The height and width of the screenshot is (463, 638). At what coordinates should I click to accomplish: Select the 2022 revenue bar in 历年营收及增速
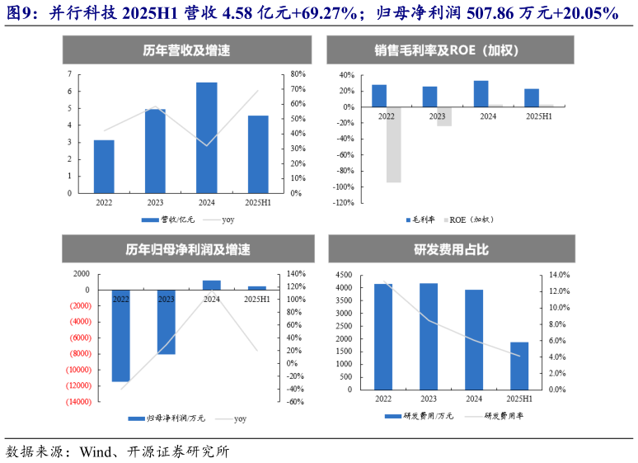point(104,166)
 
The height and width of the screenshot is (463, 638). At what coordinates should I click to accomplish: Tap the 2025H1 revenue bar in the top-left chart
point(257,154)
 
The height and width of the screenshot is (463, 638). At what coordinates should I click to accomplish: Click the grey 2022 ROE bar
point(394,144)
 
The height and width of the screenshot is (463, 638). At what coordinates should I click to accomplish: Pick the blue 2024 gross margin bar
point(481,93)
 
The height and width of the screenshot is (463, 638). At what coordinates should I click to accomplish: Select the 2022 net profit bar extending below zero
point(120,335)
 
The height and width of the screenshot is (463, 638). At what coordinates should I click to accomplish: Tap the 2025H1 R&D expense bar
point(519,365)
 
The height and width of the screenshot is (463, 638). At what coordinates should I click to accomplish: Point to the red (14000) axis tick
point(76,402)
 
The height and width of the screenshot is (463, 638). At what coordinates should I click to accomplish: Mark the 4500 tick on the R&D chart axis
point(343,275)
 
